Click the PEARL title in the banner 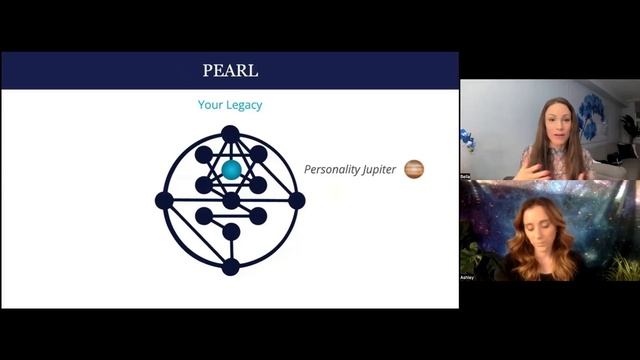click(x=229, y=70)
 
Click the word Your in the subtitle click(x=210, y=104)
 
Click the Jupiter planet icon click(x=414, y=169)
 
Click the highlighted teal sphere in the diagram click(x=231, y=170)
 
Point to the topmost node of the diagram click(x=230, y=134)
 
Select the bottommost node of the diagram click(x=230, y=266)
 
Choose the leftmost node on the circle click(x=164, y=200)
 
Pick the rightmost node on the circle click(x=296, y=200)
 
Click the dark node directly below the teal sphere click(x=231, y=200)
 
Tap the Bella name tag click(x=465, y=175)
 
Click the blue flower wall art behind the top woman click(x=592, y=115)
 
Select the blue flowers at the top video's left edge click(x=466, y=139)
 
